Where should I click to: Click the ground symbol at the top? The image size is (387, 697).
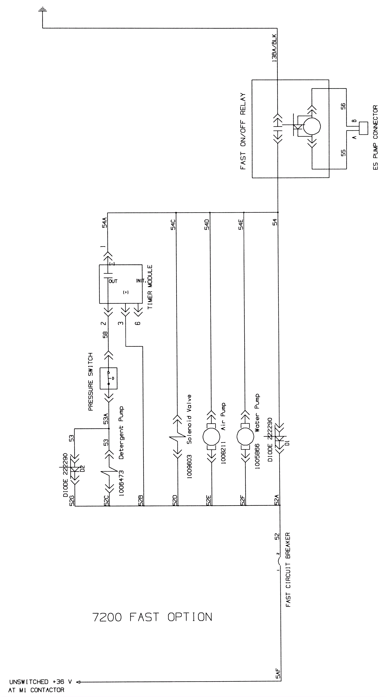[x=42, y=10]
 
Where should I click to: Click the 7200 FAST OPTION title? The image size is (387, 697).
[x=152, y=617]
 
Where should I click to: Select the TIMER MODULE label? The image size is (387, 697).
[x=150, y=287]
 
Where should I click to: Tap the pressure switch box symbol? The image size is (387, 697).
[x=108, y=378]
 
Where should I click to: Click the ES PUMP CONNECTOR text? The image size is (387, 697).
[x=375, y=138]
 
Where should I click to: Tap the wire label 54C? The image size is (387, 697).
[x=173, y=225]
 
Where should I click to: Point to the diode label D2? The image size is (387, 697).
[x=82, y=468]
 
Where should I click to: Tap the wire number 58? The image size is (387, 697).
[x=105, y=335]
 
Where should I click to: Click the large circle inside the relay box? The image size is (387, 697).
[x=312, y=126]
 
